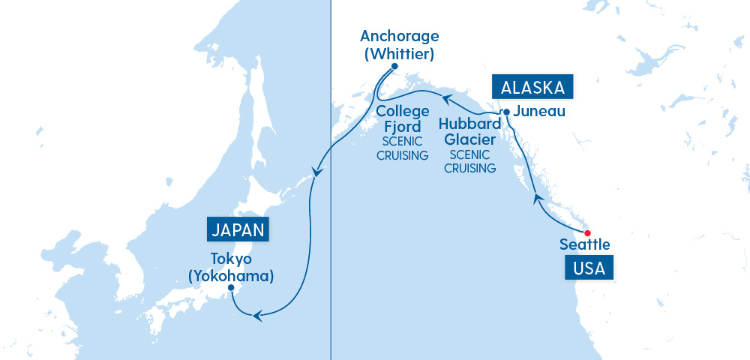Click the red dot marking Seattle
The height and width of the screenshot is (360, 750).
(587, 232)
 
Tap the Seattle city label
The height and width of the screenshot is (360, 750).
(585, 244)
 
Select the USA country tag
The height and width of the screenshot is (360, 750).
(589, 268)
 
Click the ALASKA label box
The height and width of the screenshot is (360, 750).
(532, 87)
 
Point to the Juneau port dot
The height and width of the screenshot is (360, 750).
(506, 112)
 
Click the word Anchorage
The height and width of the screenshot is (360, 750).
(399, 36)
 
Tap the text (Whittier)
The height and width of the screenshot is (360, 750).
(399, 54)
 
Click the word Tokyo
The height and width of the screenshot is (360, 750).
(230, 259)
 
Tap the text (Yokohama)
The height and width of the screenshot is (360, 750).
(230, 275)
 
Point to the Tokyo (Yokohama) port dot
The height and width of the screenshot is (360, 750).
(230, 288)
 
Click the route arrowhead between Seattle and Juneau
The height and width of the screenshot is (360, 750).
(536, 197)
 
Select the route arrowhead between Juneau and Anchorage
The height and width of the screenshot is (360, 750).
(445, 99)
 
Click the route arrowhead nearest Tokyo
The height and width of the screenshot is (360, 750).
(256, 316)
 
